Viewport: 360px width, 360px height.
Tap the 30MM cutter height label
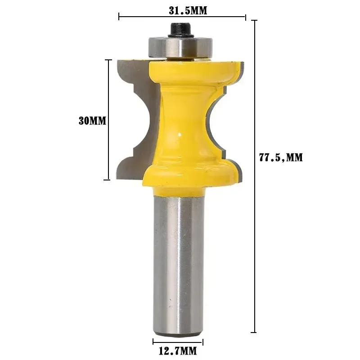click(x=92, y=121)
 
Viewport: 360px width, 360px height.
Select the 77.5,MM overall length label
click(x=281, y=157)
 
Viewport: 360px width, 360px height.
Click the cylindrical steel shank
click(x=178, y=261)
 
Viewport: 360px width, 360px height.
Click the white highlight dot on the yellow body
click(x=179, y=133)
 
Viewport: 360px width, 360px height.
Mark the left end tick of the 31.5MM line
click(x=119, y=17)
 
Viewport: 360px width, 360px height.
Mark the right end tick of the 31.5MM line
click(x=246, y=17)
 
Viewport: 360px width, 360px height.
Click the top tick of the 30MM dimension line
click(x=108, y=59)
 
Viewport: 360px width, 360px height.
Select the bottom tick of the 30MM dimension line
click(x=108, y=180)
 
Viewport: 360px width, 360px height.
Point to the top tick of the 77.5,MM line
click(x=255, y=21)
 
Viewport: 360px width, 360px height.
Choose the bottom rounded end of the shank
click(x=178, y=333)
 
